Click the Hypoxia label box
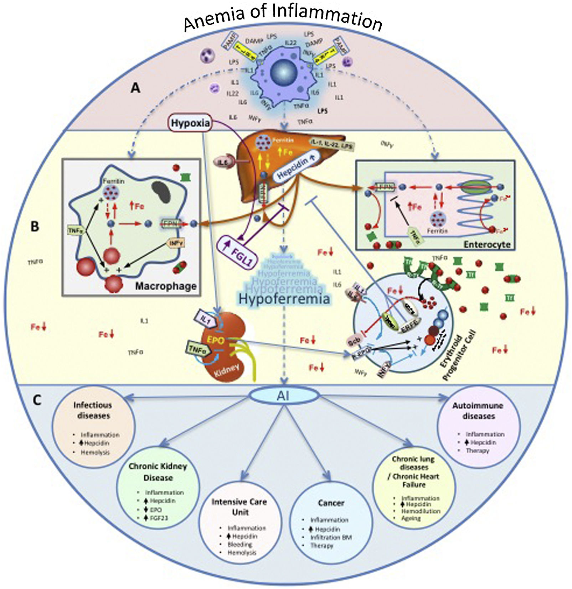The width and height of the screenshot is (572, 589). pos(190,123)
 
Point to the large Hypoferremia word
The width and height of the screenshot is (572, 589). pos(284,299)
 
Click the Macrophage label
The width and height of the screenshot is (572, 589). pos(166,286)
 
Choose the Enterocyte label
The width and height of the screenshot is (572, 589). pos(487,244)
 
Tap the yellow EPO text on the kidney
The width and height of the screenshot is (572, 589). pos(215,340)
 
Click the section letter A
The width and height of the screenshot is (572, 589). pos(135,88)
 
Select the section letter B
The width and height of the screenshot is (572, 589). pos(35,226)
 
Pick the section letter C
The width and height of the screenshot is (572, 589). pos(37,400)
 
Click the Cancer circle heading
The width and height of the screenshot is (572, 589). pos(331,503)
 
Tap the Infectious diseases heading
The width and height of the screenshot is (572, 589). pos(93,410)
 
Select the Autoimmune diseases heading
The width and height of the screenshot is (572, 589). pos(478,411)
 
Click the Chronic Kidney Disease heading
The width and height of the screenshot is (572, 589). pos(158,472)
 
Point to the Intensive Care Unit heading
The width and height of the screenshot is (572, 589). pos(239,507)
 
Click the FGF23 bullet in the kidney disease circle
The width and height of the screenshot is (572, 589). pos(159,518)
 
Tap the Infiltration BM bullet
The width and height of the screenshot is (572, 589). pos(331,537)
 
